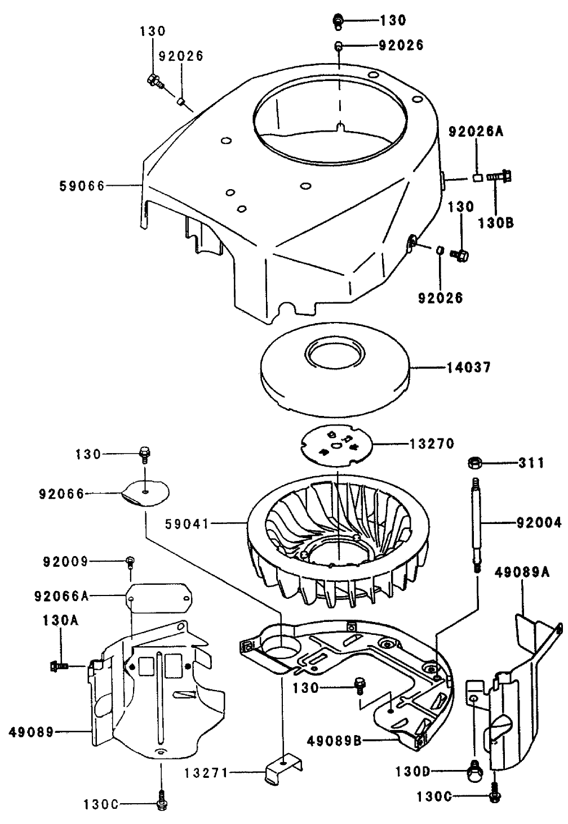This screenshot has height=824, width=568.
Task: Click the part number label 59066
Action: (82, 185)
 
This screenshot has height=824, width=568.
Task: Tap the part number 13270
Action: (432, 444)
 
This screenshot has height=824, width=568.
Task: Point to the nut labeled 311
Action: (474, 464)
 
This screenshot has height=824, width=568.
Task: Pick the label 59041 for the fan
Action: (187, 524)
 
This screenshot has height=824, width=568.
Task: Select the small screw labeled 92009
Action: (130, 561)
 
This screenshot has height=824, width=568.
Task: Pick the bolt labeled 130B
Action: (504, 177)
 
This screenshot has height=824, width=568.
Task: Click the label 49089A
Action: (522, 573)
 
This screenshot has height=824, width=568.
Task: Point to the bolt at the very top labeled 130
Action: (339, 21)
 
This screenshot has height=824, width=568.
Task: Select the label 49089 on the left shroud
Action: (32, 732)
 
